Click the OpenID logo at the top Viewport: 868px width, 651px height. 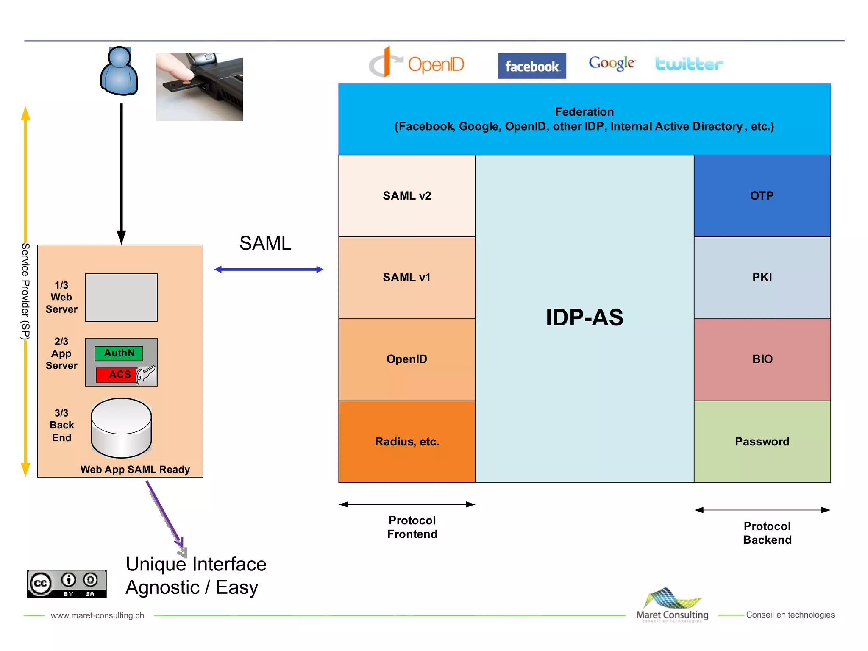click(x=417, y=64)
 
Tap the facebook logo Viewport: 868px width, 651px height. click(x=532, y=66)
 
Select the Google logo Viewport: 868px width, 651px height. click(x=612, y=63)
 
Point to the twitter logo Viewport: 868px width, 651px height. click(x=689, y=64)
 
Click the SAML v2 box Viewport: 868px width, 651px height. click(x=407, y=196)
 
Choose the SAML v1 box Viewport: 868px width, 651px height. click(x=407, y=278)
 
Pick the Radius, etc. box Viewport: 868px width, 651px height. click(x=407, y=442)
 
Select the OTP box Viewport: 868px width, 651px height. click(x=762, y=196)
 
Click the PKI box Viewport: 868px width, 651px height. click(x=762, y=278)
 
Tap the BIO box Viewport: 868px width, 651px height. click(x=762, y=359)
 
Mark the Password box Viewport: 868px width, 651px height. click(x=762, y=442)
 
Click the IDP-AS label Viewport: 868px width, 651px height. click(x=584, y=317)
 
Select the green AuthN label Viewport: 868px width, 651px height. click(x=119, y=353)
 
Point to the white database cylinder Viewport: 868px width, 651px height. click(x=121, y=428)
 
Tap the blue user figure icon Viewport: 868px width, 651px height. click(x=119, y=71)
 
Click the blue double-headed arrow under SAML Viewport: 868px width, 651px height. click(x=269, y=270)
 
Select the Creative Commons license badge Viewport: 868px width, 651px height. click(x=67, y=584)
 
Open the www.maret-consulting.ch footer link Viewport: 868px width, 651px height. click(x=97, y=615)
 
